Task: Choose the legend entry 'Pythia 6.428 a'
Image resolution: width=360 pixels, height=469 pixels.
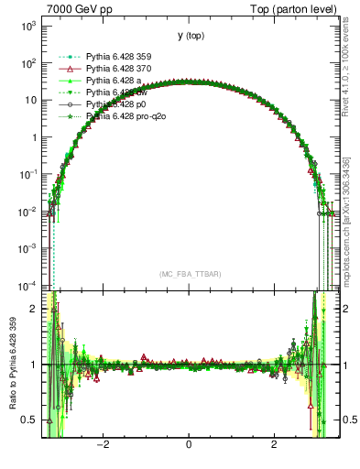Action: click(103, 81)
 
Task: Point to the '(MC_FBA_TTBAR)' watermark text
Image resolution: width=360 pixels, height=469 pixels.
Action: click(189, 274)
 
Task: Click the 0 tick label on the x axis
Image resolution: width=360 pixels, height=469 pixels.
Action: click(189, 446)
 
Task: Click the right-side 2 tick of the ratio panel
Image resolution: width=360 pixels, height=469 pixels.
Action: click(343, 310)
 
